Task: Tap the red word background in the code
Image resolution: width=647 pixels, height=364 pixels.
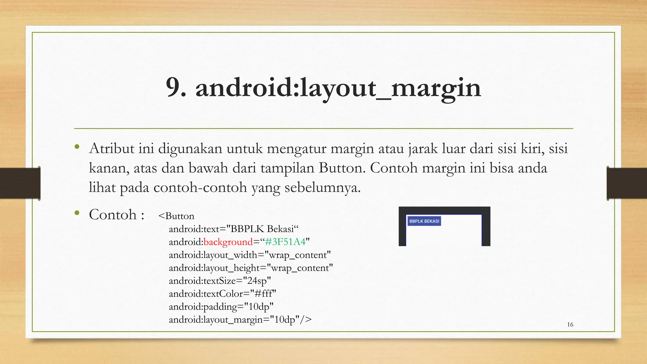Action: pos(228,242)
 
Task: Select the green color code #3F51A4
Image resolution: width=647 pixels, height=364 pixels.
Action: pos(285,242)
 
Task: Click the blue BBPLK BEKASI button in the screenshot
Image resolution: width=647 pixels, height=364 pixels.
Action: pos(424,221)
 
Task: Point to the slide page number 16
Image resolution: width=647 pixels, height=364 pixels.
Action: pos(570,325)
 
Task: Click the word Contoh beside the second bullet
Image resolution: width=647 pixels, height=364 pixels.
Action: pos(113,215)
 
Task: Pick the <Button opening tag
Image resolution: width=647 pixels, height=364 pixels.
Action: pos(176,216)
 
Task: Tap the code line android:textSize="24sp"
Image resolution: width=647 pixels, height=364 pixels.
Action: pos(220,281)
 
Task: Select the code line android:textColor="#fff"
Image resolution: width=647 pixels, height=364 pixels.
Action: pos(222,294)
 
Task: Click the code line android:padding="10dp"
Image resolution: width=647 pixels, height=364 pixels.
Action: pos(221,307)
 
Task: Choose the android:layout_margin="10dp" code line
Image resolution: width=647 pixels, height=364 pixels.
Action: pos(240,320)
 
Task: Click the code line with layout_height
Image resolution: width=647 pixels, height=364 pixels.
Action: pos(251,268)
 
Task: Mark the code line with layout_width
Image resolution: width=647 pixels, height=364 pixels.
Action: pos(250,255)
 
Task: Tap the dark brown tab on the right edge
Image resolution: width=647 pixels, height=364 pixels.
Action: pos(627,183)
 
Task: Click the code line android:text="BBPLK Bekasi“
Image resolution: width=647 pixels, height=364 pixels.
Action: pos(234,229)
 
